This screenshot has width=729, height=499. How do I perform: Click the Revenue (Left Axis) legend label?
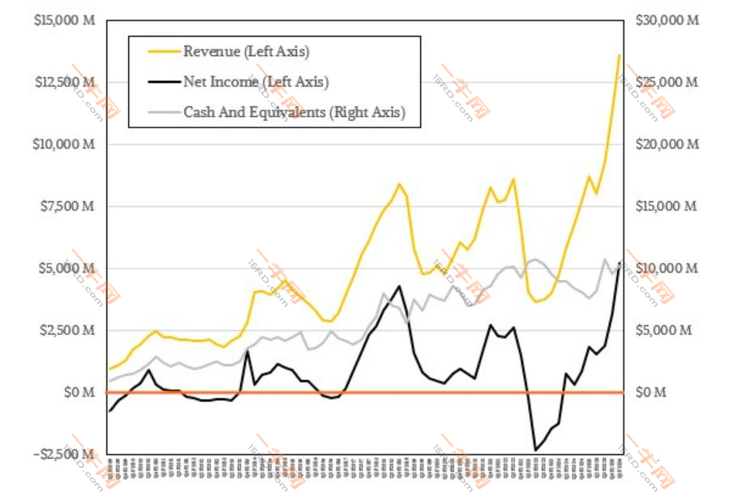click(x=247, y=52)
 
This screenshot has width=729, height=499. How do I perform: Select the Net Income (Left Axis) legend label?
click(x=255, y=82)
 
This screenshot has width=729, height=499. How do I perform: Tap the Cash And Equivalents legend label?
click(x=294, y=112)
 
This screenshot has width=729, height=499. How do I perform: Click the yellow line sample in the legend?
click(x=163, y=52)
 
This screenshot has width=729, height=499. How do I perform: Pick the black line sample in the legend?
click(x=163, y=82)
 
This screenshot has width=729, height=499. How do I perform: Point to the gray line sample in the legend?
click(x=163, y=112)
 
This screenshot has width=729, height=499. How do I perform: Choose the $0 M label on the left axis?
click(x=79, y=392)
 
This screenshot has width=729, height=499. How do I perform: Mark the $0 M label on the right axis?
click(x=650, y=392)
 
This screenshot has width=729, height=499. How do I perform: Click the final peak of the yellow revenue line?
click(x=620, y=54)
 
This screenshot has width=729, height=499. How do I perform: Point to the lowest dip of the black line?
click(x=535, y=449)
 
